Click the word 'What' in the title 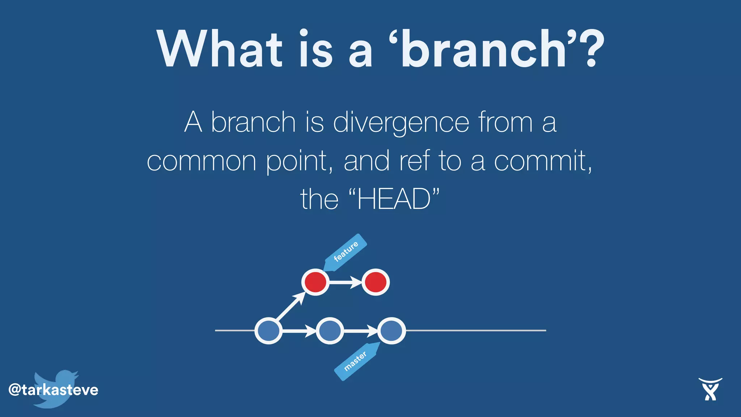click(x=219, y=49)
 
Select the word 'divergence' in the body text click(x=401, y=123)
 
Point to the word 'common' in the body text click(x=202, y=161)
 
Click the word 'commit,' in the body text click(x=543, y=161)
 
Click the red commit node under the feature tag click(x=315, y=282)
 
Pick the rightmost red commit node click(x=376, y=282)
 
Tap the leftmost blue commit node click(x=268, y=330)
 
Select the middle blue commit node click(x=330, y=330)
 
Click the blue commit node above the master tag click(x=391, y=330)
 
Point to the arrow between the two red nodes click(x=345, y=282)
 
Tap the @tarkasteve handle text click(x=53, y=390)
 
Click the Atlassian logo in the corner click(x=710, y=389)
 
